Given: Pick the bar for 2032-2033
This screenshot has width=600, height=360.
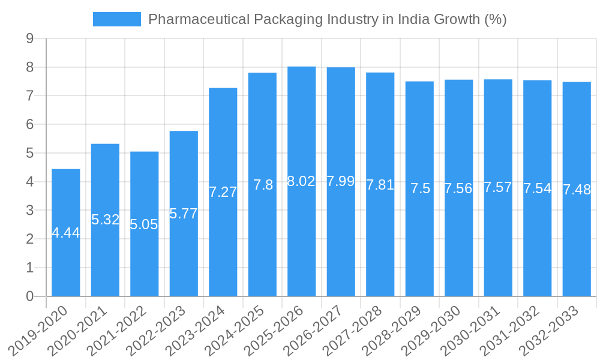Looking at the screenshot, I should (x=577, y=189).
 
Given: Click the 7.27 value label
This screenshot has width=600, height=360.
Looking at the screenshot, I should (x=223, y=192).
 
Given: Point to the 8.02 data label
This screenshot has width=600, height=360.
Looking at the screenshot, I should (x=302, y=181).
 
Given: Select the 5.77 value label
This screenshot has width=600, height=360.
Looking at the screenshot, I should (x=184, y=214).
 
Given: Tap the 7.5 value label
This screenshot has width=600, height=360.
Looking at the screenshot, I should (x=420, y=188).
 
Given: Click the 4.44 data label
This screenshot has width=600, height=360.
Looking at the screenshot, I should (x=66, y=233).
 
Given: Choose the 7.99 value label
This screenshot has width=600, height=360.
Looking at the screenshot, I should (x=341, y=181).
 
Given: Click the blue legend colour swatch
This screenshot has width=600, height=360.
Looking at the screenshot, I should (x=117, y=19).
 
